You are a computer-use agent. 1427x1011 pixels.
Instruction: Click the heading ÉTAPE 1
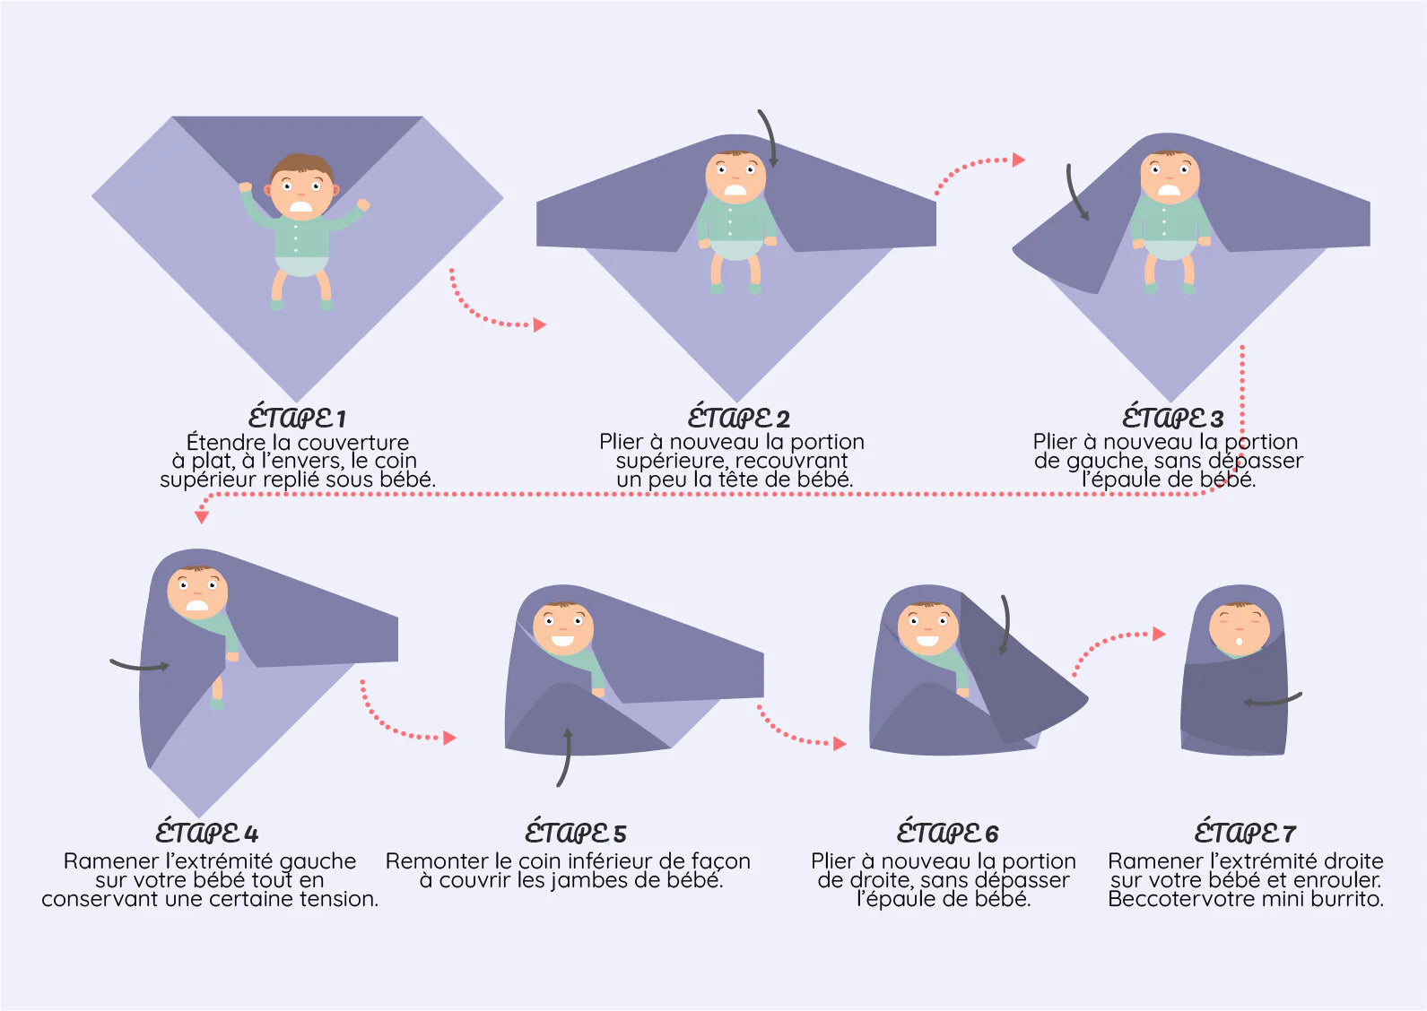297,417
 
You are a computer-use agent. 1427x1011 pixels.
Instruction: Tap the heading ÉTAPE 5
575,832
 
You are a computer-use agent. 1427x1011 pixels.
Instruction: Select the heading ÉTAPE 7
1245,832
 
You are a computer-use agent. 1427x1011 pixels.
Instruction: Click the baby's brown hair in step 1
301,167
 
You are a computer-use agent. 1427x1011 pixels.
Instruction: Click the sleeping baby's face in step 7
1239,630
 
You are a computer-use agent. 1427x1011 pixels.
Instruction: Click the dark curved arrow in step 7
1272,701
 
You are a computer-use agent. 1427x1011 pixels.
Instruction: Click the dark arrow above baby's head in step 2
769,137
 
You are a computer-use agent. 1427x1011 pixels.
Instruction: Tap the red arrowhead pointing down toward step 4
202,517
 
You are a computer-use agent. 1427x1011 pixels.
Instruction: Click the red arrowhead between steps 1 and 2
540,324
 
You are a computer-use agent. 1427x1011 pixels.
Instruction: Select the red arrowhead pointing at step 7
1160,634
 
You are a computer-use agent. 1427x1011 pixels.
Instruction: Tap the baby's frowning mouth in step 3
1170,190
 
